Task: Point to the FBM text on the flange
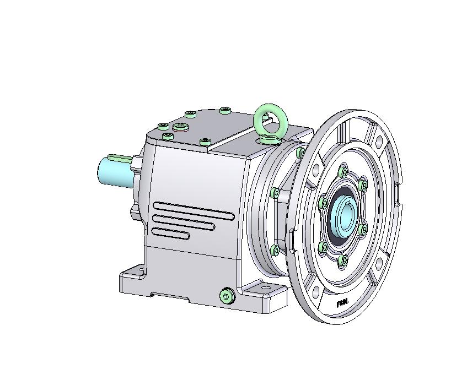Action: pos(342,303)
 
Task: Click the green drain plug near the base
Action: pos(226,296)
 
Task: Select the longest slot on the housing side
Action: pos(193,210)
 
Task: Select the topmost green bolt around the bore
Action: pos(345,173)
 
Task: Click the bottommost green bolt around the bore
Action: pos(342,260)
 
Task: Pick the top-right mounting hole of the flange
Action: pos(380,142)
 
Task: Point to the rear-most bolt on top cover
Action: pos(224,111)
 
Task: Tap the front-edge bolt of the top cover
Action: pos(205,142)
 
